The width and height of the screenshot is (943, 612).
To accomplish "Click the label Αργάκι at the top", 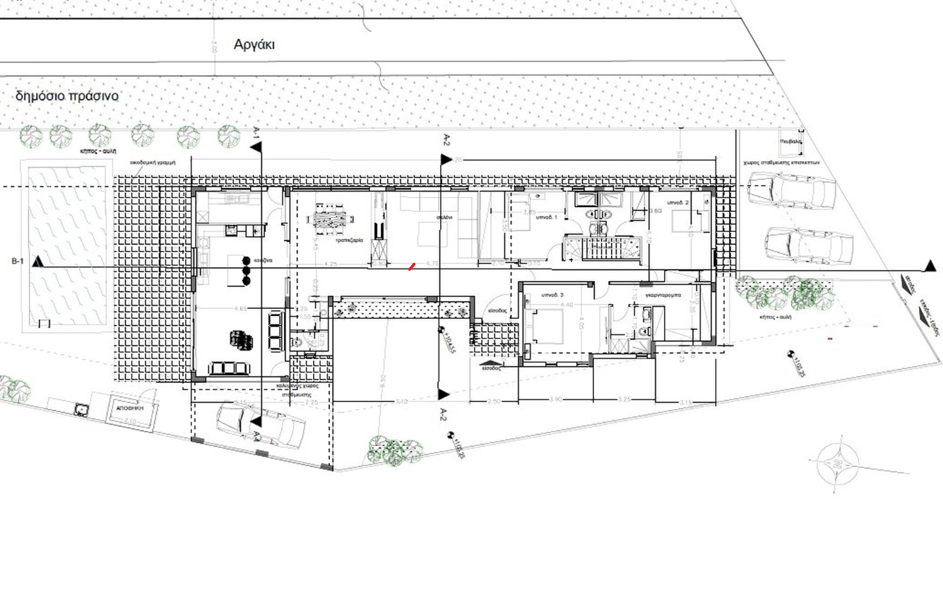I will click(x=254, y=45).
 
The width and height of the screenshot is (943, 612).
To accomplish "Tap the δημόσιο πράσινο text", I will click(x=67, y=95).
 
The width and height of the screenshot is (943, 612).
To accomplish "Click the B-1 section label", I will click(x=18, y=261).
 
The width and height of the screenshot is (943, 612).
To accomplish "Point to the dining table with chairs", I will click(x=333, y=220).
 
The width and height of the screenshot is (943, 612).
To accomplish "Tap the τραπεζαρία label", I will click(x=350, y=240).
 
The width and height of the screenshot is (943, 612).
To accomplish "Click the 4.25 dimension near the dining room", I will click(x=330, y=264).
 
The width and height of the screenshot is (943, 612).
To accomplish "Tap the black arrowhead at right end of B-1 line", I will click(x=930, y=266).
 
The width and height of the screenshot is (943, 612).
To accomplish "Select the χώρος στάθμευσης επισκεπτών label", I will click(x=781, y=161).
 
